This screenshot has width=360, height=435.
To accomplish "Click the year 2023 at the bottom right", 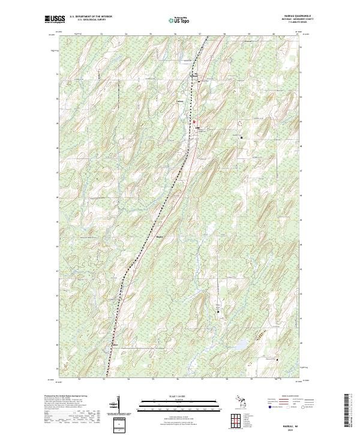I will (x=291, y=430).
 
